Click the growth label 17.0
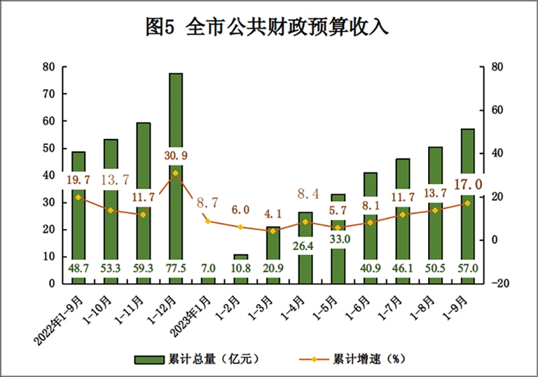tap(468, 185)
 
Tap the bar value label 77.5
tap(176, 267)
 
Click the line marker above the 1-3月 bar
tap(273, 231)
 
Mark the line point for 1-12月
tap(176, 172)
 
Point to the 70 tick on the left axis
tap(48, 94)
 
